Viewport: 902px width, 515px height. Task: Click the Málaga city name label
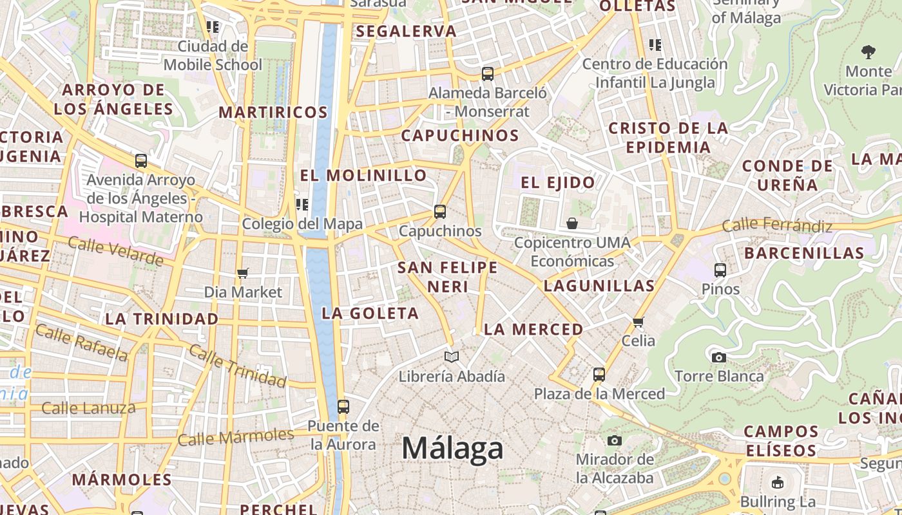[452, 448]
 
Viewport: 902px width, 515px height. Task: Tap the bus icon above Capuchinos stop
[440, 211]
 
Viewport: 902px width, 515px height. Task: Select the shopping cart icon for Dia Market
[243, 274]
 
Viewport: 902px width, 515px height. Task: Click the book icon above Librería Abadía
[452, 357]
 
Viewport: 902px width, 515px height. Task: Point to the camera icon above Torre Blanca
[719, 357]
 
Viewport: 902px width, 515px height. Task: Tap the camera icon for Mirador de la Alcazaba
[615, 440]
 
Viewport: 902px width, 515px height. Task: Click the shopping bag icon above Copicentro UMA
[572, 223]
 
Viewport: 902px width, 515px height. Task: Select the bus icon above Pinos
[720, 270]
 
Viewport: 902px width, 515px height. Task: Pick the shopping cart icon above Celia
[638, 322]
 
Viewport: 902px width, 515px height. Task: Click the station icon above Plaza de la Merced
[599, 375]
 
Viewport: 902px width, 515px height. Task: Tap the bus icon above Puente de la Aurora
[343, 407]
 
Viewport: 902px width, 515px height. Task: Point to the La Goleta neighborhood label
[370, 314]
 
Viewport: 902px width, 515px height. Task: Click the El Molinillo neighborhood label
[363, 175]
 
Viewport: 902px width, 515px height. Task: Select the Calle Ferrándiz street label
[777, 225]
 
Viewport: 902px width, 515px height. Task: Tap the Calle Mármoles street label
[235, 437]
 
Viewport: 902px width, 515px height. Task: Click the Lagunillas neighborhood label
[599, 285]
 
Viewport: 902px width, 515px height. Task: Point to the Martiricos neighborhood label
[273, 112]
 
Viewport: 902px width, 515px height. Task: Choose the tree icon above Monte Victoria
[868, 52]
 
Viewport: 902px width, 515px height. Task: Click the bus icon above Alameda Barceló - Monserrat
[488, 74]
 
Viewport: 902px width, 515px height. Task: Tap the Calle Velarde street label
[115, 250]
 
